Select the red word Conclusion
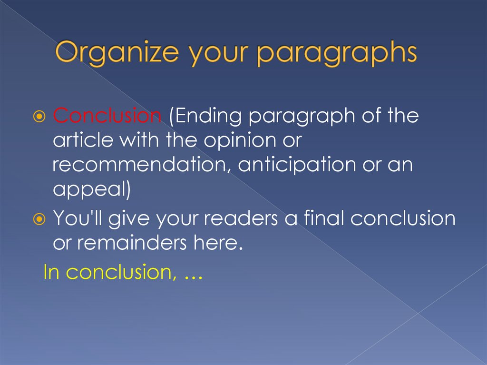(107, 116)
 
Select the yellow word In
(51, 272)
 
